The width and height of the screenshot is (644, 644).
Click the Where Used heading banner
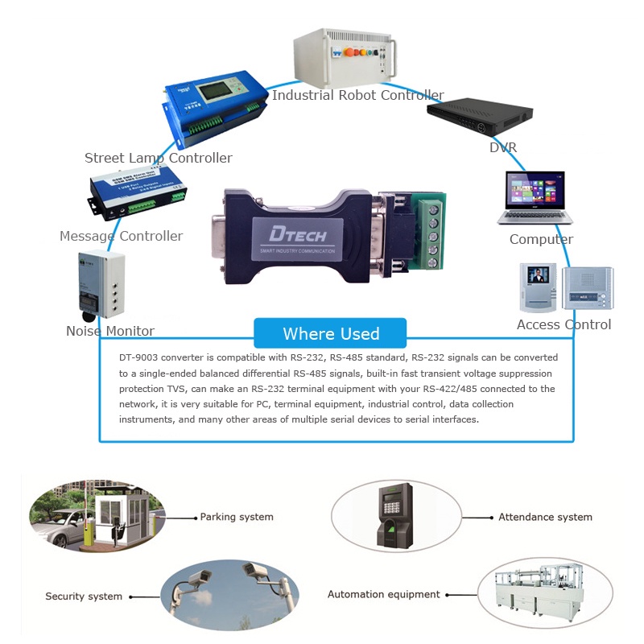(x=330, y=333)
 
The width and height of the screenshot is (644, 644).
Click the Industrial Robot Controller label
(x=357, y=95)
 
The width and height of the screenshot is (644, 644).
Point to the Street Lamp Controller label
(x=159, y=158)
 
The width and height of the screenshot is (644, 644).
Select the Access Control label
(x=563, y=324)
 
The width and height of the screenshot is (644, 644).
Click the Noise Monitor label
(x=110, y=331)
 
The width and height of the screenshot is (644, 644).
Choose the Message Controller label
(x=121, y=236)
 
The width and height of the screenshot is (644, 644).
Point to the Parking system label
(x=237, y=517)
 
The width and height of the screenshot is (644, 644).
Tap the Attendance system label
(x=545, y=517)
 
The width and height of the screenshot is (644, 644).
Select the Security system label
(x=84, y=597)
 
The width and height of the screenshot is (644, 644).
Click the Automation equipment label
(x=384, y=594)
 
